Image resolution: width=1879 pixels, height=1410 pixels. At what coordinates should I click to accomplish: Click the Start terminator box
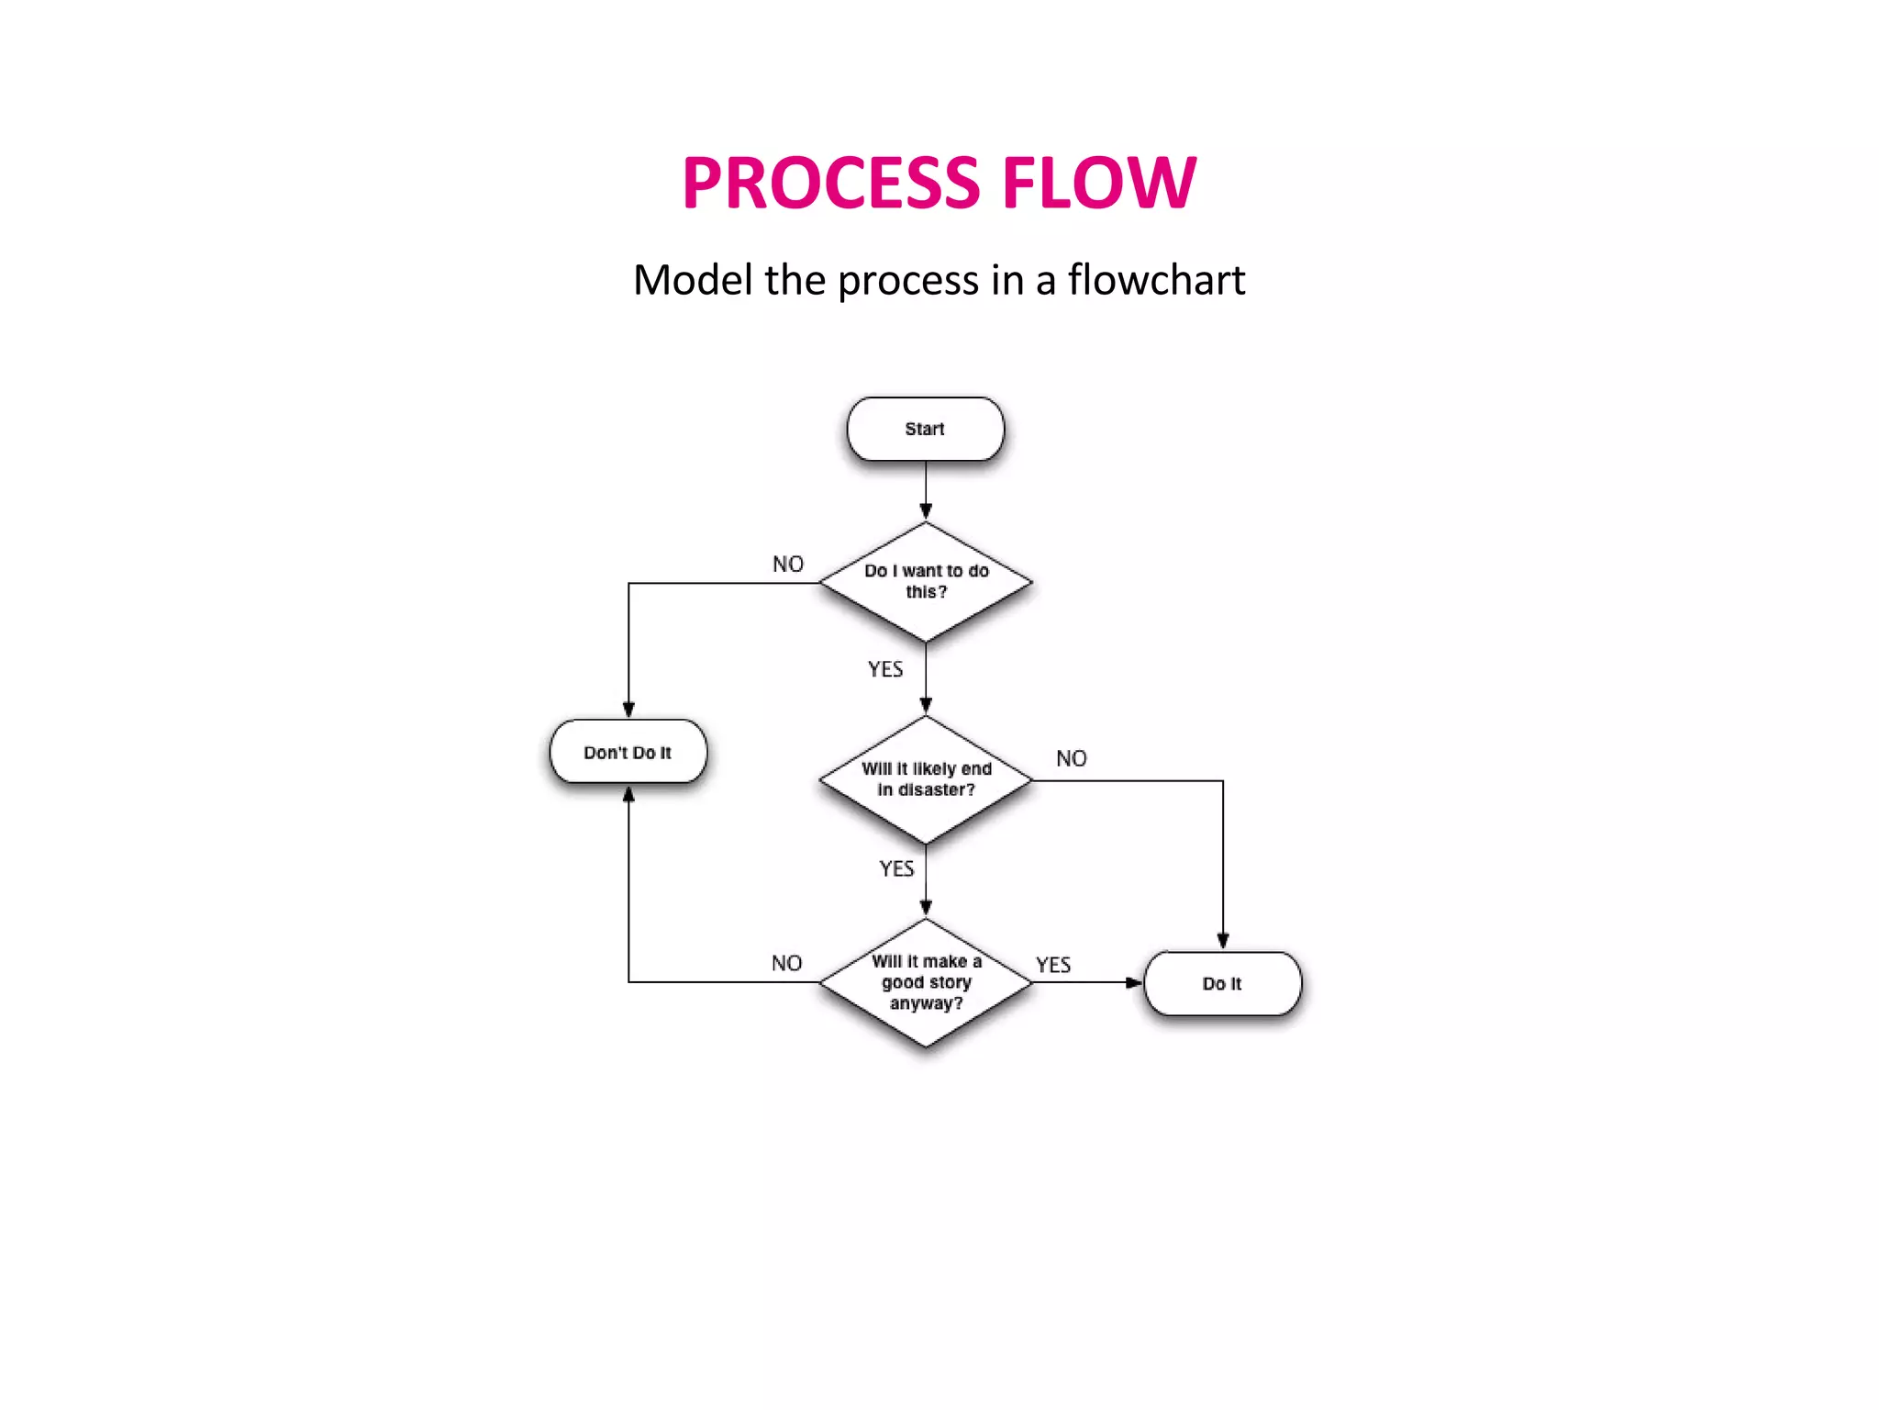pyautogui.click(x=925, y=429)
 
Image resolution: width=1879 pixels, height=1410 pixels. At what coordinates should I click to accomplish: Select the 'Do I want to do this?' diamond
pyautogui.click(x=925, y=582)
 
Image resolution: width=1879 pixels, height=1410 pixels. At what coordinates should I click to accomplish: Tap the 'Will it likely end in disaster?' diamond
pyautogui.click(x=925, y=779)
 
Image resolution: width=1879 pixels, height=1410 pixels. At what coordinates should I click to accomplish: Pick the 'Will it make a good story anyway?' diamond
pyautogui.click(x=925, y=982)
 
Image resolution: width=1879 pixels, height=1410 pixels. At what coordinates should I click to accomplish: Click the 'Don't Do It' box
pyautogui.click(x=628, y=752)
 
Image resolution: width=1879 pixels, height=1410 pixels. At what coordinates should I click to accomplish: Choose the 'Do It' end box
pyautogui.click(x=1222, y=983)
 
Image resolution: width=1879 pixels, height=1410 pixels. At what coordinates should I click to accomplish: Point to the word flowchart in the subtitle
pyautogui.click(x=1156, y=280)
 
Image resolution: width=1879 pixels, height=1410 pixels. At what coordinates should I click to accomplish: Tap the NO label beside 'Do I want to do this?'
pyautogui.click(x=787, y=564)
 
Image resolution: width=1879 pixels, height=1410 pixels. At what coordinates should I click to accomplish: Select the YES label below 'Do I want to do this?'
pyautogui.click(x=885, y=669)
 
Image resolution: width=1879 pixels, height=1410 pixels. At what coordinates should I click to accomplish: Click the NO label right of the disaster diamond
pyautogui.click(x=1071, y=758)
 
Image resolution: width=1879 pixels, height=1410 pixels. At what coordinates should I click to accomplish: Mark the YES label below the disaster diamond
pyautogui.click(x=896, y=868)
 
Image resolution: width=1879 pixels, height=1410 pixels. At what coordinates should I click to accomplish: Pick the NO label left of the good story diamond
pyautogui.click(x=786, y=963)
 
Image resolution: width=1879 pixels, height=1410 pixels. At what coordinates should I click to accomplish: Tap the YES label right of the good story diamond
pyautogui.click(x=1053, y=965)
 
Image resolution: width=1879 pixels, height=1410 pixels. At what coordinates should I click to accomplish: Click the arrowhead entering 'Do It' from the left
pyautogui.click(x=1135, y=982)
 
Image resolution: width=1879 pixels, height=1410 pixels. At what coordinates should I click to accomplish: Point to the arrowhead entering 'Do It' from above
pyautogui.click(x=1223, y=941)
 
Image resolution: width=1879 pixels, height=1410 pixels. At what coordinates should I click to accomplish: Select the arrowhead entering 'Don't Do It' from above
pyautogui.click(x=628, y=710)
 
